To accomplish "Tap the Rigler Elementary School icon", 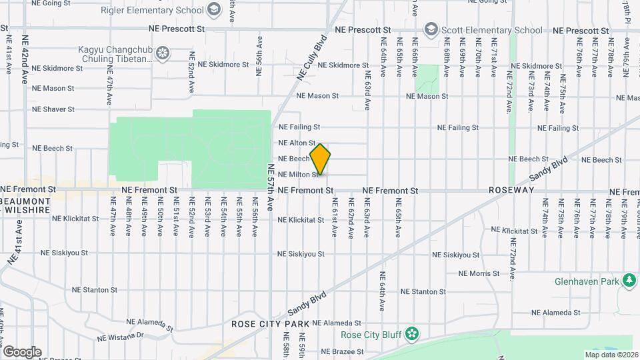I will click(x=213, y=9).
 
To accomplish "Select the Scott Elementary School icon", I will click(x=431, y=30).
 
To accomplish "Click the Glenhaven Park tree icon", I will click(x=628, y=281).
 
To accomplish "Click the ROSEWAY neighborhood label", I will click(x=511, y=190).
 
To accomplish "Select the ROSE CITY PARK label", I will click(x=270, y=324).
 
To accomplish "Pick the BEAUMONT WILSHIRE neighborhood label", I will click(x=25, y=205).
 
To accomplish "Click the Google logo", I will click(x=22, y=351).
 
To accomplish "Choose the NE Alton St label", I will click(x=297, y=143).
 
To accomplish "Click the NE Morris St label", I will click(x=479, y=273).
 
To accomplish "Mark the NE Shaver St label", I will click(x=54, y=109).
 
